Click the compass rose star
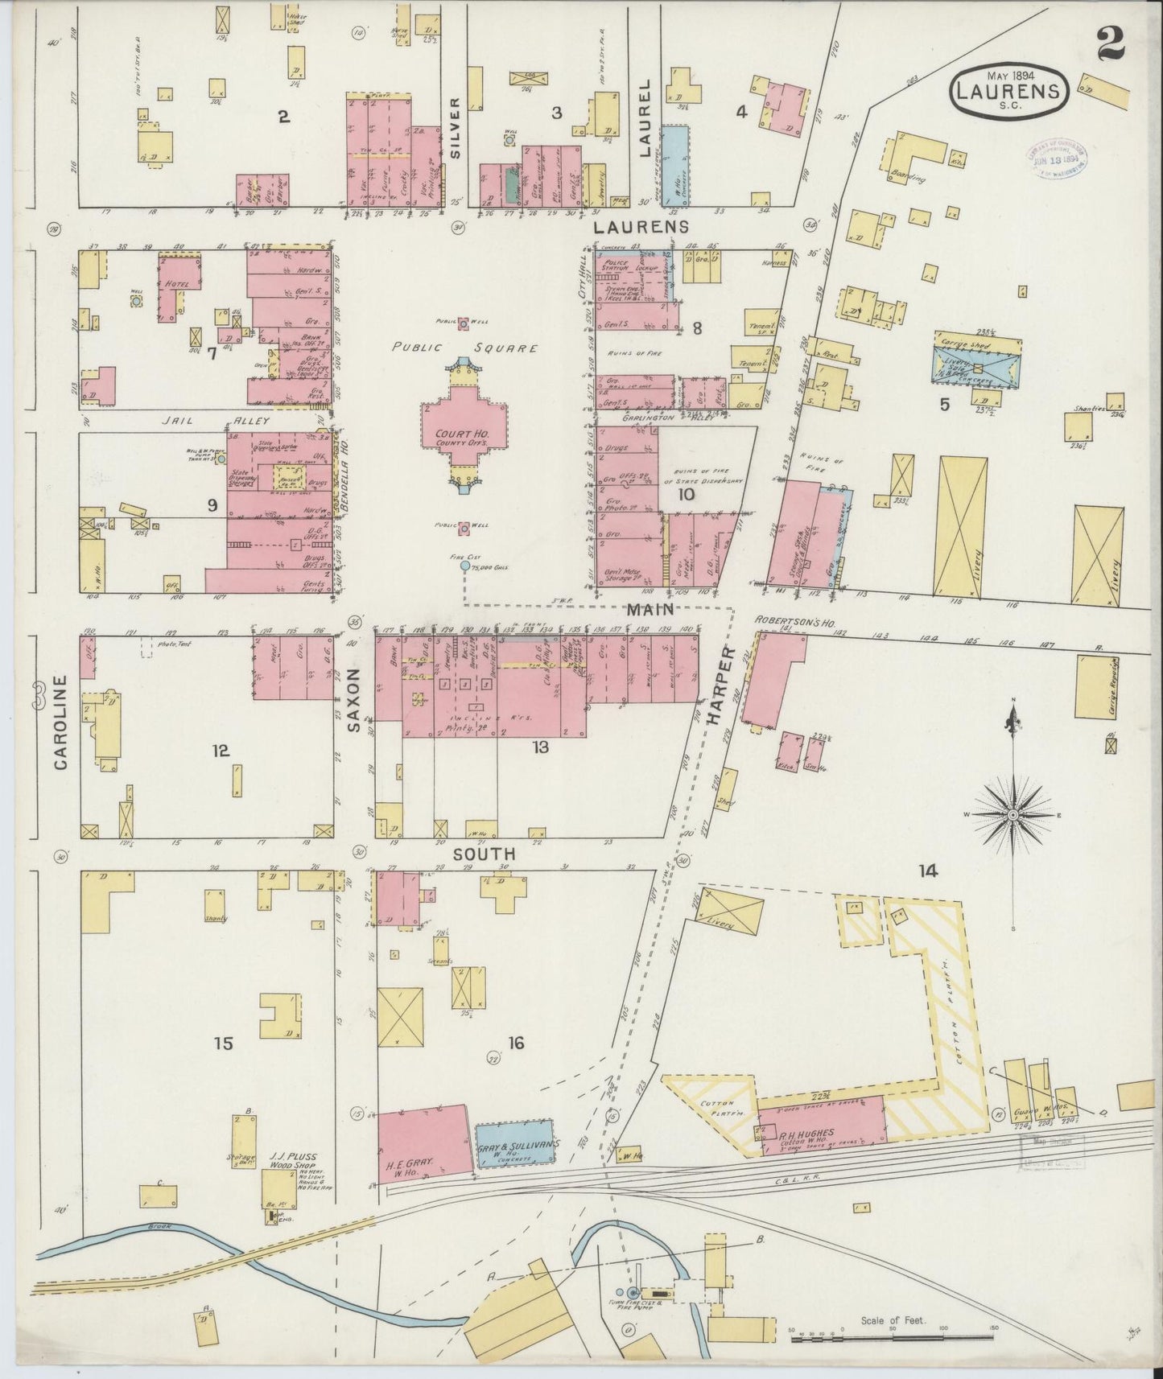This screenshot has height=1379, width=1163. tap(1012, 815)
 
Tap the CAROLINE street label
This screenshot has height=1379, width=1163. tap(61, 722)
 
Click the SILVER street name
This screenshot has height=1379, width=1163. tap(455, 127)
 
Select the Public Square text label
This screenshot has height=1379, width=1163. tap(464, 348)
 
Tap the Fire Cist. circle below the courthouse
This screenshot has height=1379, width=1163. tap(464, 566)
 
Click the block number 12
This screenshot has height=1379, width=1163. tap(221, 751)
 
